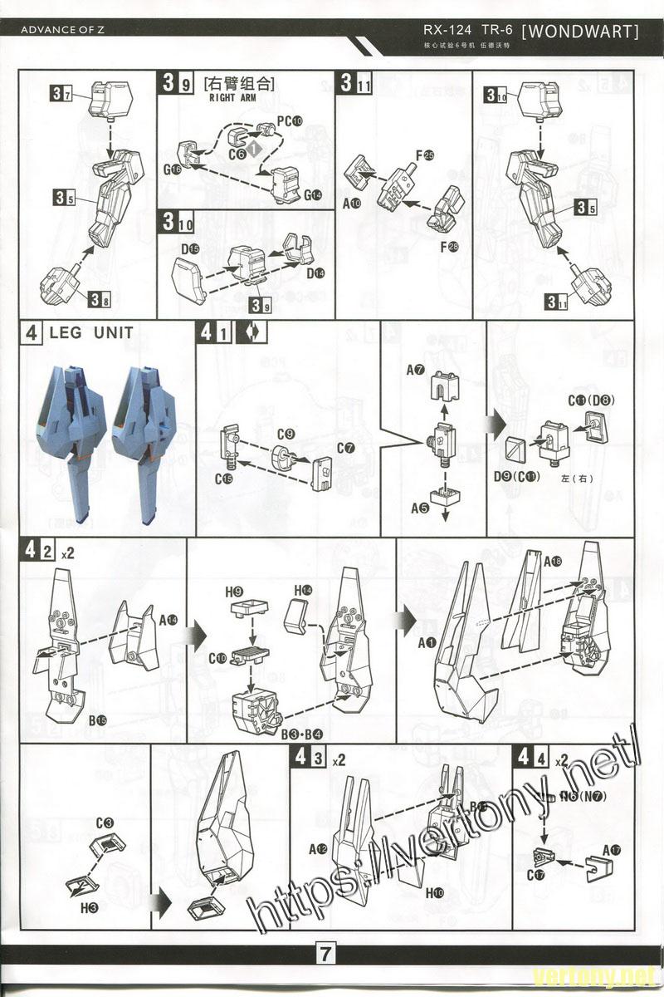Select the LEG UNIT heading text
pyautogui.click(x=91, y=334)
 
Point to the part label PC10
pyautogui.click(x=289, y=120)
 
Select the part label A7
pyautogui.click(x=416, y=368)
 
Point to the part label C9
pyautogui.click(x=286, y=435)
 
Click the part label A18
pyautogui.click(x=553, y=562)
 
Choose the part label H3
pyautogui.click(x=90, y=909)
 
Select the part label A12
pyautogui.click(x=318, y=848)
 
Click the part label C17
pyautogui.click(x=535, y=875)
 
